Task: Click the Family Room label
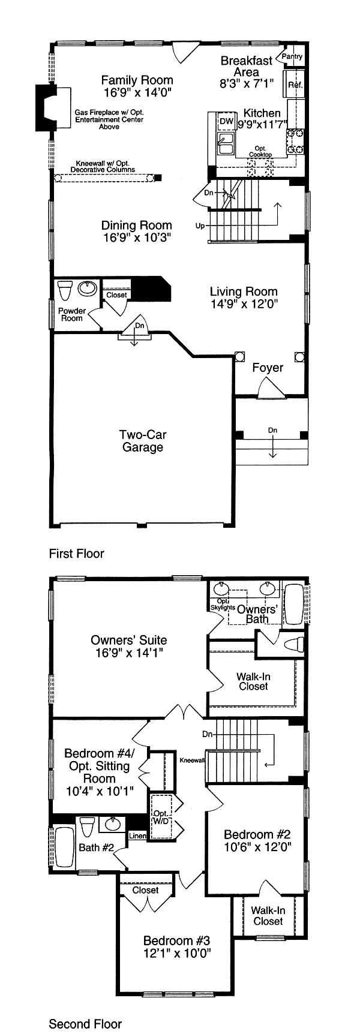pyautogui.click(x=137, y=80)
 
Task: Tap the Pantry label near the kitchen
pyautogui.click(x=292, y=56)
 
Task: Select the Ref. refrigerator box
pyautogui.click(x=295, y=85)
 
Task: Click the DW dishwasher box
pyautogui.click(x=226, y=122)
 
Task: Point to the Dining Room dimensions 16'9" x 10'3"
pyautogui.click(x=137, y=238)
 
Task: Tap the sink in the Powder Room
pyautogui.click(x=88, y=288)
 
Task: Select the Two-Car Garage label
pyautogui.click(x=143, y=441)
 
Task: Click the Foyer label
pyautogui.click(x=268, y=368)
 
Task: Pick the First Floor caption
pyautogui.click(x=77, y=554)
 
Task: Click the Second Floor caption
pyautogui.click(x=85, y=1024)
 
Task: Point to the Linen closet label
pyautogui.click(x=137, y=836)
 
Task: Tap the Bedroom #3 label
pyautogui.click(x=176, y=941)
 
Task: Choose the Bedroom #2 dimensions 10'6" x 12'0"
pyautogui.click(x=257, y=847)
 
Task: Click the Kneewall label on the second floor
pyautogui.click(x=192, y=761)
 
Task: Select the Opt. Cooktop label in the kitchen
pyautogui.click(x=260, y=152)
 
